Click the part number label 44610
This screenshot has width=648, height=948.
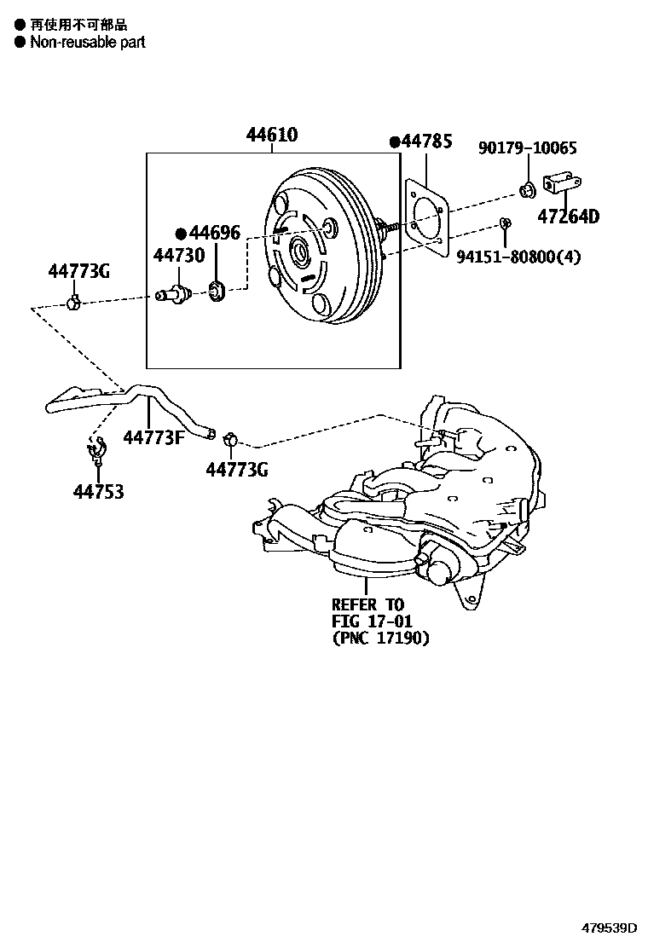(272, 136)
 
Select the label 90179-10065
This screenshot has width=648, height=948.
(527, 148)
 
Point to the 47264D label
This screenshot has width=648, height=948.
(568, 217)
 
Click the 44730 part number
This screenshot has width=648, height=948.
(179, 255)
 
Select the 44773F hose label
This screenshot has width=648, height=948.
(154, 437)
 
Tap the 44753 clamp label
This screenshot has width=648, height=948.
(98, 492)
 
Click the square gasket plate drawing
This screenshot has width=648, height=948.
(426, 220)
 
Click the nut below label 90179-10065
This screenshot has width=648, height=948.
(526, 188)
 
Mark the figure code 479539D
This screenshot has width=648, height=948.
(610, 927)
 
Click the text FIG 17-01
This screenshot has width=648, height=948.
(372, 621)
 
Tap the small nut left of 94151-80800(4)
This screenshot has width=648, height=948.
(505, 224)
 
